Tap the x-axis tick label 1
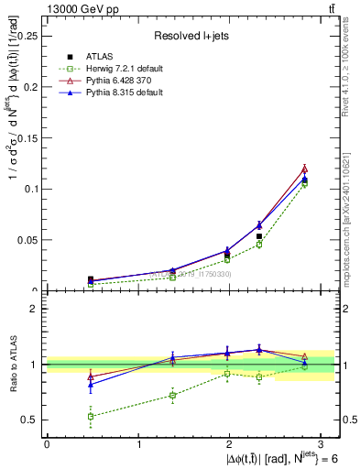(x=138, y=443)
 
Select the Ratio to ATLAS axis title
(x=13, y=364)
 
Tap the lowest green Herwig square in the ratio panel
(x=90, y=416)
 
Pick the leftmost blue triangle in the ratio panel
(x=90, y=385)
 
